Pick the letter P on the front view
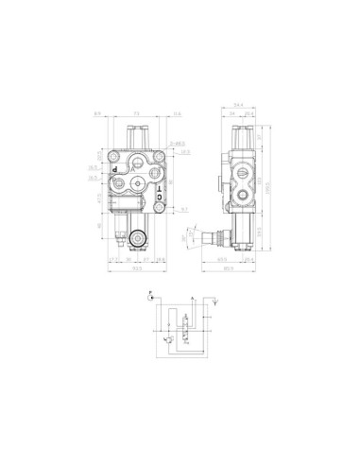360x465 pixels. (x=114, y=170)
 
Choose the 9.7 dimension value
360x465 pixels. (x=186, y=208)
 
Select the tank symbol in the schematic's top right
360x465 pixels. (x=215, y=296)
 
